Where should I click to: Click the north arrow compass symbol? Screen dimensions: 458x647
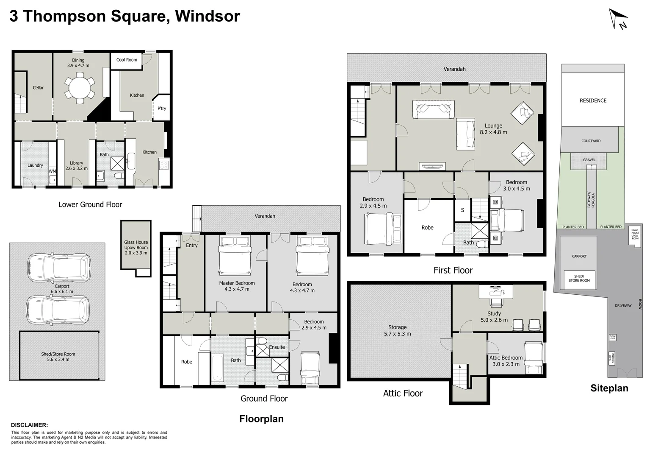(618, 20)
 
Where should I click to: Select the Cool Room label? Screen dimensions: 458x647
(127, 60)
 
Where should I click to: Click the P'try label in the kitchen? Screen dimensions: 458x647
(162, 109)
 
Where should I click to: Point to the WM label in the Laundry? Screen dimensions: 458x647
(52, 171)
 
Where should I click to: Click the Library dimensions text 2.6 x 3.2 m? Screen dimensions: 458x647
(77, 168)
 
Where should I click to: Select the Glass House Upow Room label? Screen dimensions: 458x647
(136, 248)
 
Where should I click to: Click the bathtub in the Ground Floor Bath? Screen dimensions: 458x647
(217, 368)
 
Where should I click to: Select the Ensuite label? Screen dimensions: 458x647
(277, 347)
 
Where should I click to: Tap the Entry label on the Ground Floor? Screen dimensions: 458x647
(192, 246)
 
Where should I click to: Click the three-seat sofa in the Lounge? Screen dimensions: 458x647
(434, 109)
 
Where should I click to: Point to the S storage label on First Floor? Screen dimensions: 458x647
(462, 210)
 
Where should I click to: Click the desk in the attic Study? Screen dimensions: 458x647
(495, 292)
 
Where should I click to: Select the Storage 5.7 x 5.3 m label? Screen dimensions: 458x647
(397, 330)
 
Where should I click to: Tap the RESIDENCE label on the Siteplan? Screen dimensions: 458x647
(593, 101)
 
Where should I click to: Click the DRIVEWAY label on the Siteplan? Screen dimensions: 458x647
(623, 305)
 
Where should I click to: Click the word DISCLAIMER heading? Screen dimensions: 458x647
(29, 425)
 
